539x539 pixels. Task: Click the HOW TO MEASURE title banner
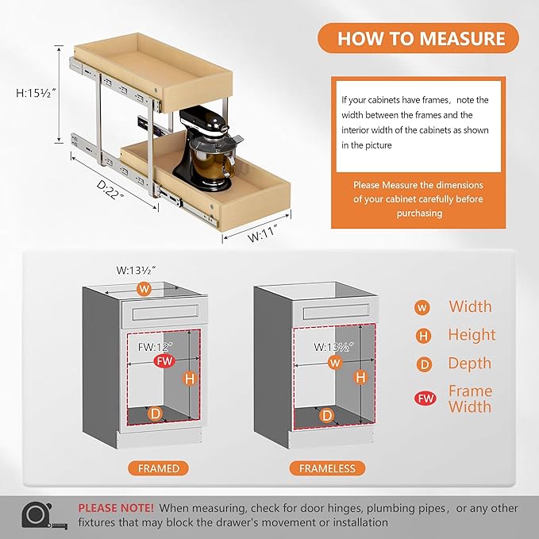pos(418,38)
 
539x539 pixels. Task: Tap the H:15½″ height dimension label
pos(36,93)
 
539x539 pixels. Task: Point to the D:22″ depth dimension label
pos(110,189)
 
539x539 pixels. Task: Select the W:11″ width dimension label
pos(262,233)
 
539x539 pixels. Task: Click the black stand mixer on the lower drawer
pos(207,148)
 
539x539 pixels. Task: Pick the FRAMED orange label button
pos(158,468)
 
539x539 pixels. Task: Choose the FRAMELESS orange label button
pos(327,468)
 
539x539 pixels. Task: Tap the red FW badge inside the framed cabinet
pos(164,361)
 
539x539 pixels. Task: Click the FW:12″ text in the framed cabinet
pos(156,347)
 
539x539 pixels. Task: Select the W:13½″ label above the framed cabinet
pos(136,270)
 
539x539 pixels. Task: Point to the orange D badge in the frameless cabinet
pos(326,415)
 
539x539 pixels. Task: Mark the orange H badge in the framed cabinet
pos(190,379)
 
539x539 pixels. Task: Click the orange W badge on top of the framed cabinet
pos(144,289)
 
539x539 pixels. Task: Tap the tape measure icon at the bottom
pos(44,515)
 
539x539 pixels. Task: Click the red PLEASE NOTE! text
pos(116,508)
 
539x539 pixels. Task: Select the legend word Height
pos(472,334)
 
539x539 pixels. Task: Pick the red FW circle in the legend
pos(425,398)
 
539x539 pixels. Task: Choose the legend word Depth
pos(470,364)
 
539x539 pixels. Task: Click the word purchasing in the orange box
pos(419,214)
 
